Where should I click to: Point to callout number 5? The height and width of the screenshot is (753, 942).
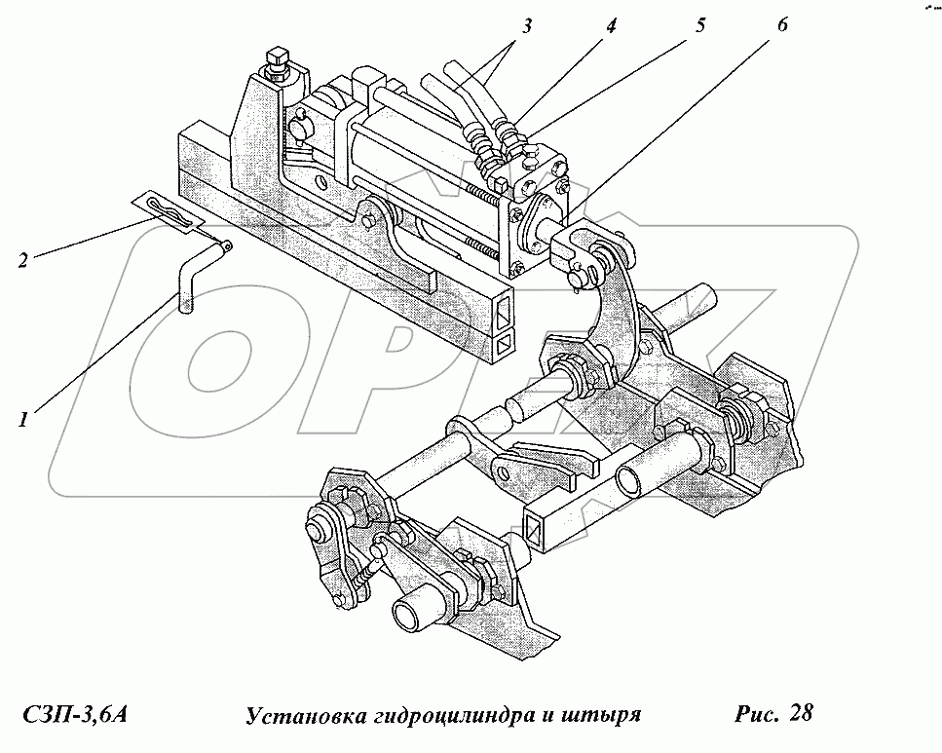click(698, 26)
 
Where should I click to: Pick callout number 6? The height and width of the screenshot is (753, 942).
click(782, 26)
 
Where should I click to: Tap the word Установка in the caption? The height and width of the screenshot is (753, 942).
click(299, 716)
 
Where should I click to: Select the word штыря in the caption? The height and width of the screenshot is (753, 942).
click(602, 716)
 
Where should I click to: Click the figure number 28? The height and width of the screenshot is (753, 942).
click(801, 714)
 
